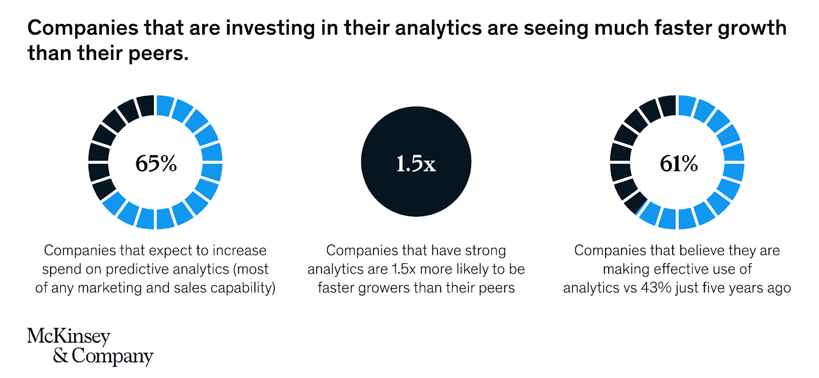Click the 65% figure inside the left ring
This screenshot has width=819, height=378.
(x=156, y=163)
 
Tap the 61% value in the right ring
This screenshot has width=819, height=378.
(x=679, y=163)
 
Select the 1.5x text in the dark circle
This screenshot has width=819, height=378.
(x=416, y=163)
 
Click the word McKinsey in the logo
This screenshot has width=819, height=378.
(x=69, y=337)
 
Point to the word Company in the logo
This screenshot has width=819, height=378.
(x=112, y=356)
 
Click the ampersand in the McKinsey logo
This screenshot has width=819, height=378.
(x=61, y=355)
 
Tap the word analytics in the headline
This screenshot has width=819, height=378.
(x=438, y=29)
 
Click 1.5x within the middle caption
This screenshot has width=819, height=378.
(x=404, y=269)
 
